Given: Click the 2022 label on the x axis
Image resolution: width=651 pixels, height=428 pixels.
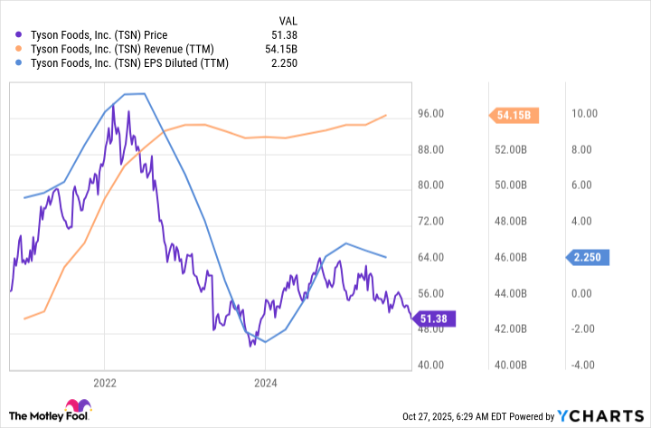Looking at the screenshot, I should [105, 382].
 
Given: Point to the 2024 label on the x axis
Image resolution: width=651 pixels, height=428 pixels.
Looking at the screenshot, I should [265, 382].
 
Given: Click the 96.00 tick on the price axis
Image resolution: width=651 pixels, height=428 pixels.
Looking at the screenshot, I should [429, 114].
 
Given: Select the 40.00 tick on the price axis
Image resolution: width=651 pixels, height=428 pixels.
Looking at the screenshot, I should [429, 366].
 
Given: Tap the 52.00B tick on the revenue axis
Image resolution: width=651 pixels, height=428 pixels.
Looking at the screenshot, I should [508, 150].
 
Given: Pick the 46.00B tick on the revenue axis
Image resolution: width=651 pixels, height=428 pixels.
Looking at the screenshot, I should [508, 258].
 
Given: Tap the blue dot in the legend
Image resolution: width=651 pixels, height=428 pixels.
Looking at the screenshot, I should [20, 63].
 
